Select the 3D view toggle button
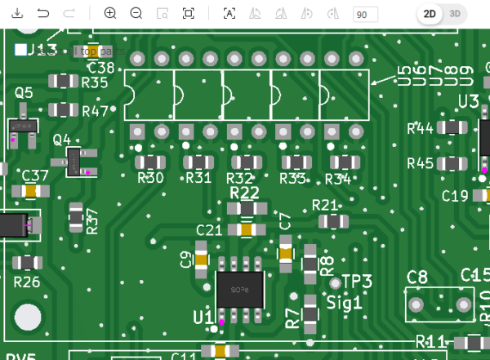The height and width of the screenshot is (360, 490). pos(454,14)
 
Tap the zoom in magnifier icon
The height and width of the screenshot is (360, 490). pos(110,14)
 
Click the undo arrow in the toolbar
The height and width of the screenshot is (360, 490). pos(43,14)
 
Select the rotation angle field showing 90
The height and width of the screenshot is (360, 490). pos(364,15)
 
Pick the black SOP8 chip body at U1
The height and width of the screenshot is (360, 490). pos(239,290)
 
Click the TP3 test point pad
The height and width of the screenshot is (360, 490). pos(336,283)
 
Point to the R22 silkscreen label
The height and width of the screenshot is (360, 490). pos(244,193)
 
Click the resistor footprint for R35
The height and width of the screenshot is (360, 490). pos(63,81)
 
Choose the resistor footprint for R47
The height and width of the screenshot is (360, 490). pos(63,109)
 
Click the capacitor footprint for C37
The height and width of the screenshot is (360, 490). pos(30,191)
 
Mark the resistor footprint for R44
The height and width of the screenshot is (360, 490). pos(451,127)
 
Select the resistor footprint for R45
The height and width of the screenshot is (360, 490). pos(451,163)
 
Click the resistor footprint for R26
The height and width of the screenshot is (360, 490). pos(28,262)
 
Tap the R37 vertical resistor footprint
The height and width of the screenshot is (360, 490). pos(76,217)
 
